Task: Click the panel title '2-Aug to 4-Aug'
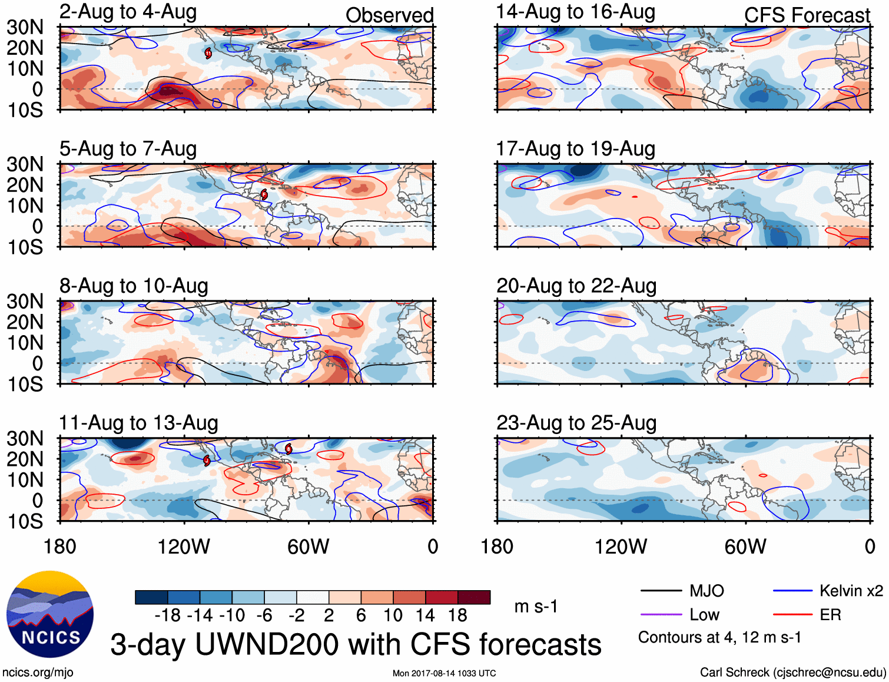pyautogui.click(x=128, y=12)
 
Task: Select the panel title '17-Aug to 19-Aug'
pyautogui.click(x=575, y=149)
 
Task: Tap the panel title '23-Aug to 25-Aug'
pyautogui.click(x=576, y=423)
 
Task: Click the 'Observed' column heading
pyautogui.click(x=389, y=15)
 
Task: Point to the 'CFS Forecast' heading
pyautogui.click(x=807, y=15)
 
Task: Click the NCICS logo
pyautogui.click(x=50, y=614)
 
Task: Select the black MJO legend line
pyautogui.click(x=661, y=591)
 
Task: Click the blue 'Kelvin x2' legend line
pyautogui.click(x=792, y=591)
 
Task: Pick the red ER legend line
pyautogui.click(x=792, y=615)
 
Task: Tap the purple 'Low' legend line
pyautogui.click(x=661, y=615)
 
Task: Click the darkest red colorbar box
pyautogui.click(x=474, y=597)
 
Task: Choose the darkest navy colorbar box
pyautogui.click(x=151, y=597)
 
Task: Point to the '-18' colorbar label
pyautogui.click(x=168, y=615)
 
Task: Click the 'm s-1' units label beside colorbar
pyautogui.click(x=536, y=607)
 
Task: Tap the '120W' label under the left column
pyautogui.click(x=184, y=547)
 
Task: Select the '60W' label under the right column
pyautogui.click(x=745, y=547)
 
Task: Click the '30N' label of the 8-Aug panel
pyautogui.click(x=25, y=302)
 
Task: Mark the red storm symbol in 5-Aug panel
pyautogui.click(x=264, y=194)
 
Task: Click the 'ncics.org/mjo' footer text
pyautogui.click(x=38, y=673)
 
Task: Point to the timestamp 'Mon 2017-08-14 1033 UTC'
pyautogui.click(x=444, y=673)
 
